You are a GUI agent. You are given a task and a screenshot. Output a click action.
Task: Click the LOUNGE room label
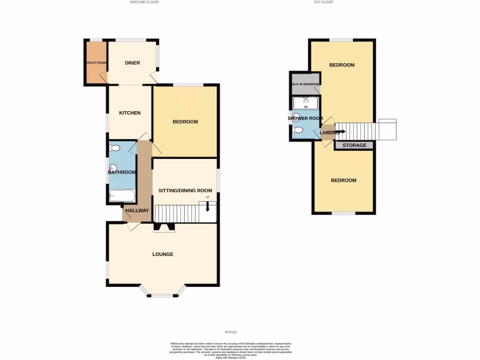coord(163,255)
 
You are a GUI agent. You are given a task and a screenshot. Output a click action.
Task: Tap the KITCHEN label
coord(130,113)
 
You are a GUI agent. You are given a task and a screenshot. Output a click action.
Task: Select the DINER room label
coord(132,63)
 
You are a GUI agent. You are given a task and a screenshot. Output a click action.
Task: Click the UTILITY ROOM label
coord(96,63)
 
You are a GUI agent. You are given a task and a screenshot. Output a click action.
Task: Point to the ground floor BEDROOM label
coord(185,122)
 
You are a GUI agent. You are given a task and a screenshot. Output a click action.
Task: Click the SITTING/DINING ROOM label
coord(185,191)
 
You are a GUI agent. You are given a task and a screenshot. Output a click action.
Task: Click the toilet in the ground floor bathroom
coord(114,148)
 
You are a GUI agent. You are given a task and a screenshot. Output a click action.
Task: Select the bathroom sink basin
coord(113,168)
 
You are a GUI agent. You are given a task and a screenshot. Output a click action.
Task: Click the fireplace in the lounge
coord(164,227)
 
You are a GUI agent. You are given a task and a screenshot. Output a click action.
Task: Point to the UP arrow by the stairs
coord(207,206)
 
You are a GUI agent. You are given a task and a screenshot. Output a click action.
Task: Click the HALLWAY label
coord(137,211)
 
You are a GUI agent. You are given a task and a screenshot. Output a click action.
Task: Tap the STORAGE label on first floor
coord(354,145)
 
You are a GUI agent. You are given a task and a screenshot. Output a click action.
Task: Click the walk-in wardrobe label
coord(305,84)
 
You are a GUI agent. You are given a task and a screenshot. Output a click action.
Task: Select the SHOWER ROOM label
coord(305,119)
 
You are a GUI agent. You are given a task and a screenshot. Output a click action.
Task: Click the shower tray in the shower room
coord(306,103)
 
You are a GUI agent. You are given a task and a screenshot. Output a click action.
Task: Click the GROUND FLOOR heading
coord(144,2)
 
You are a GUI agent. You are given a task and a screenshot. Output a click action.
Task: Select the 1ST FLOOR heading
coord(323,2)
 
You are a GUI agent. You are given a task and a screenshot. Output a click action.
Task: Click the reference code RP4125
coord(231,332)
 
